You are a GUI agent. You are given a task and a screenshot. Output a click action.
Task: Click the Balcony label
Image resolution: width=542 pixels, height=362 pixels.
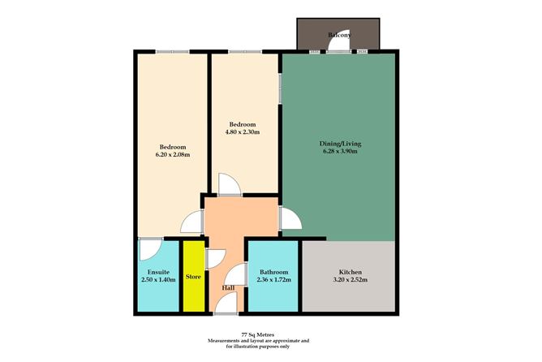338,36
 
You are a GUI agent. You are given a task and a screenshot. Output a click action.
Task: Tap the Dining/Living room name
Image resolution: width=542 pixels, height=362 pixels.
339,144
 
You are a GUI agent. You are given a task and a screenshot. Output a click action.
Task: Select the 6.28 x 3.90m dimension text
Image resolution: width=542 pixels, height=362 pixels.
339,153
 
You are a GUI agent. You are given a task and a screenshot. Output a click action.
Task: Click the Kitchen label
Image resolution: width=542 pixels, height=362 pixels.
351,271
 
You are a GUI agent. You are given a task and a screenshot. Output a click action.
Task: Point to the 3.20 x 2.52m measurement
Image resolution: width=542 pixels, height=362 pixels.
351,281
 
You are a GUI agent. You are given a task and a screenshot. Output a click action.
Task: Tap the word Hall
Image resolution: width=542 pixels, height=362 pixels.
229,288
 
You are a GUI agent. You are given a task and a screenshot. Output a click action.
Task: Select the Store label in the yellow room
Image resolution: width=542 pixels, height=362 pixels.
193,277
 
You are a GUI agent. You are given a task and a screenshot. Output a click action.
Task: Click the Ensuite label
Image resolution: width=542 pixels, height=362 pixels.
158,271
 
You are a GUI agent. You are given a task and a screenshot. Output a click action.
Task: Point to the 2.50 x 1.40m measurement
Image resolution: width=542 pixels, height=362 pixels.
158,281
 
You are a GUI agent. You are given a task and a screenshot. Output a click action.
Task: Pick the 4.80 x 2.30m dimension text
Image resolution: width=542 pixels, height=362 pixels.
243,134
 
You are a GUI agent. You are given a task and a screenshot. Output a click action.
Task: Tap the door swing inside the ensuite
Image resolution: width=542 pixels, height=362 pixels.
149,247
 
